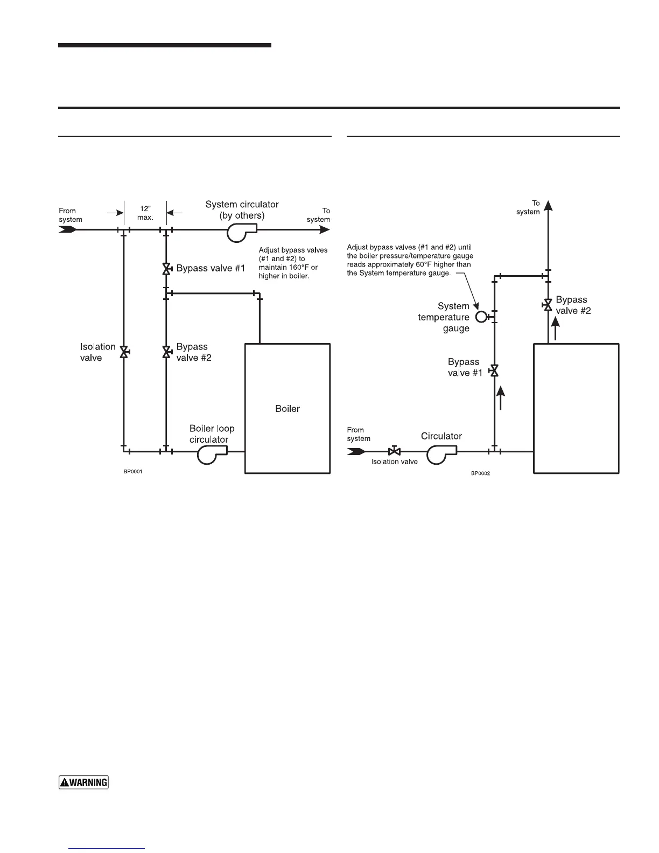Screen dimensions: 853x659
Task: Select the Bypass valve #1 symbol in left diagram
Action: pyautogui.click(x=166, y=269)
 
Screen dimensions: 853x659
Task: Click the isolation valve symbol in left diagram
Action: pyautogui.click(x=124, y=352)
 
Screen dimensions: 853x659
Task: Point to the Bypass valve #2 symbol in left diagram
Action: pyautogui.click(x=166, y=352)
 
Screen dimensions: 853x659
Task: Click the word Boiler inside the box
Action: pyautogui.click(x=288, y=409)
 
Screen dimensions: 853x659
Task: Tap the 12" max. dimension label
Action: pyautogui.click(x=145, y=213)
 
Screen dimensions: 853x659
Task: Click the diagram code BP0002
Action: pyautogui.click(x=480, y=473)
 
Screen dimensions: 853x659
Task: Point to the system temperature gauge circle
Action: pyautogui.click(x=481, y=317)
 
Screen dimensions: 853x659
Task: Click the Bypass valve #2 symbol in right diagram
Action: pyautogui.click(x=548, y=305)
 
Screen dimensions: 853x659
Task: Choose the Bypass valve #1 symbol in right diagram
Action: pyautogui.click(x=494, y=370)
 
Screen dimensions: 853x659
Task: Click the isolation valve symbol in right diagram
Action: pyautogui.click(x=394, y=451)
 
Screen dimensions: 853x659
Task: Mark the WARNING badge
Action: pyautogui.click(x=83, y=782)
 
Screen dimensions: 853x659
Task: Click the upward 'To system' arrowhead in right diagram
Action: pyautogui.click(x=548, y=205)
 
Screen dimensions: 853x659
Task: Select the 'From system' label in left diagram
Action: pyautogui.click(x=71, y=215)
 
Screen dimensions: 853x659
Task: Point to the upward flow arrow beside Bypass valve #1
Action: pyautogui.click(x=501, y=397)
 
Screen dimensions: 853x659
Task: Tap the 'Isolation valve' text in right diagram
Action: pyautogui.click(x=394, y=462)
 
